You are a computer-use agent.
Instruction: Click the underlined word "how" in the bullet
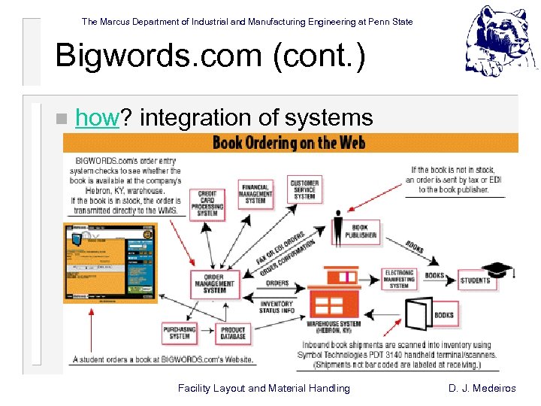[98, 118]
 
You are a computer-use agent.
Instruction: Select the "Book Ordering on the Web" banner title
[290, 142]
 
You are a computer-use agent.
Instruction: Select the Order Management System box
[216, 283]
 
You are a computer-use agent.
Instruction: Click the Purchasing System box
[180, 333]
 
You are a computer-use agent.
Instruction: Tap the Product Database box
[233, 333]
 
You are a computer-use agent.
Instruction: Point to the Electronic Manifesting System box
[399, 279]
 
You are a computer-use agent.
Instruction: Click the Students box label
[475, 280]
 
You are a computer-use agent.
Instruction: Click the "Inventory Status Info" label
[277, 308]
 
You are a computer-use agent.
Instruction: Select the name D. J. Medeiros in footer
[492, 389]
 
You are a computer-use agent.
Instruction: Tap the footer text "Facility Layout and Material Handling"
[263, 389]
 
